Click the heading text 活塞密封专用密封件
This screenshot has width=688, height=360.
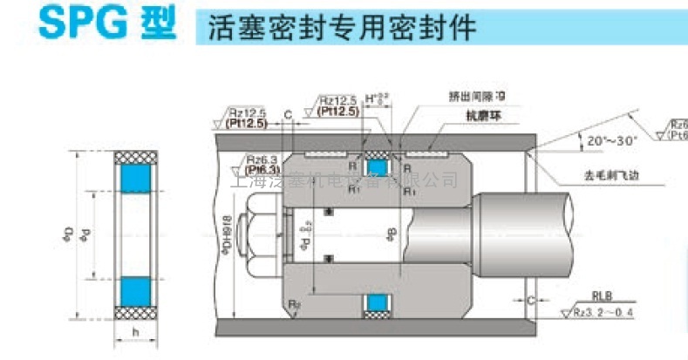tap(343, 28)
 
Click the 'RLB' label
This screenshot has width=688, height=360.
tap(601, 295)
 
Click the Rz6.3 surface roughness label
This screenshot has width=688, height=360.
tap(262, 160)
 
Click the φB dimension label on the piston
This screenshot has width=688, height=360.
tap(392, 234)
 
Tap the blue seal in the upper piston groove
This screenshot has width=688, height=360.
tap(378, 166)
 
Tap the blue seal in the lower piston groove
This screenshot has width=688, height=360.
tap(378, 302)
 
